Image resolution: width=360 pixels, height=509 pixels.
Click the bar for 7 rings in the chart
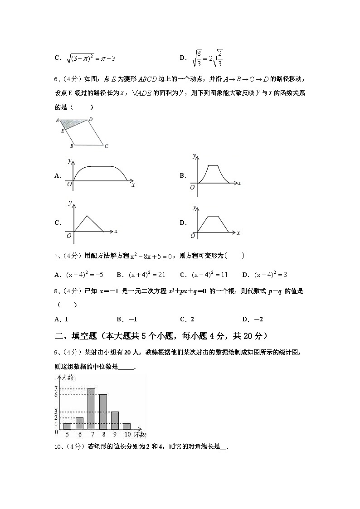(91, 409)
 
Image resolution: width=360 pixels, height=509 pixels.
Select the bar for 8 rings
(103, 412)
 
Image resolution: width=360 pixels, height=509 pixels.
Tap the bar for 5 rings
(67, 426)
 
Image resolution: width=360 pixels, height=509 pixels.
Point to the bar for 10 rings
(126, 426)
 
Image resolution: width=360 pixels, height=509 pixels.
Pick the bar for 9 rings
(115, 420)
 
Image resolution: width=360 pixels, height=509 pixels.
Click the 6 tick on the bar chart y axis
(56, 395)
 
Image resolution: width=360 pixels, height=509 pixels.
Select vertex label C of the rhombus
(106, 146)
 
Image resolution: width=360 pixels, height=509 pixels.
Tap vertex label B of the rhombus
(71, 146)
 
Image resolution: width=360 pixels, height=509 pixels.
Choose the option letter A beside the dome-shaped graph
(57, 176)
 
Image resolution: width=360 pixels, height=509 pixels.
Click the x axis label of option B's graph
(239, 183)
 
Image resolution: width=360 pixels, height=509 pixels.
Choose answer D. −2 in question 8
(253, 319)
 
